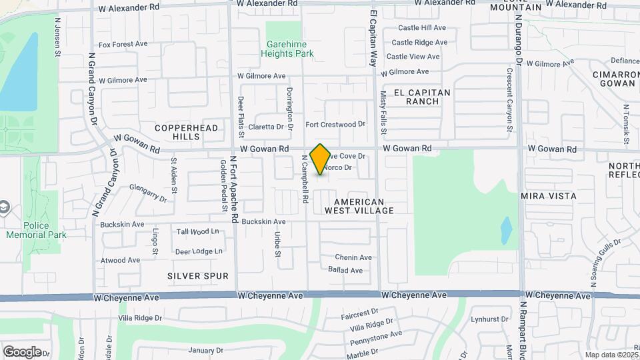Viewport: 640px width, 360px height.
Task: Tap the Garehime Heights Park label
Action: (287, 47)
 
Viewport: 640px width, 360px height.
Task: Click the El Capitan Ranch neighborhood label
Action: (422, 97)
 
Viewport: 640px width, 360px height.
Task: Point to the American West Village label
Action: (359, 206)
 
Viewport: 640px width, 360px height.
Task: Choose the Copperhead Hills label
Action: (177, 131)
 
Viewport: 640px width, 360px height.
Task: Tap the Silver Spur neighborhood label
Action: (198, 276)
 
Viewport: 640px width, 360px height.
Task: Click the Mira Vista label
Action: (548, 197)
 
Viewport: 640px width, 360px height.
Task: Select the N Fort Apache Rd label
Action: (233, 189)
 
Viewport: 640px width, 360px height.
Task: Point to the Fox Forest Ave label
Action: (123, 44)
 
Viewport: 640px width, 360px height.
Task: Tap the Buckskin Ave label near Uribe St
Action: (264, 221)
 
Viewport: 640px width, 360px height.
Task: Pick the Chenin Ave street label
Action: (353, 257)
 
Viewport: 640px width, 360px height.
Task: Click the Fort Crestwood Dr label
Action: (335, 125)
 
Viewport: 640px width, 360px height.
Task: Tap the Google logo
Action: (22, 351)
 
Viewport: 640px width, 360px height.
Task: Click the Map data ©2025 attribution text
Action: (611, 355)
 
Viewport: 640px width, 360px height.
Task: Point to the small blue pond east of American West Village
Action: (506, 230)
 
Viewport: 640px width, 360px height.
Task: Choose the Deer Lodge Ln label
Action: (198, 251)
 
